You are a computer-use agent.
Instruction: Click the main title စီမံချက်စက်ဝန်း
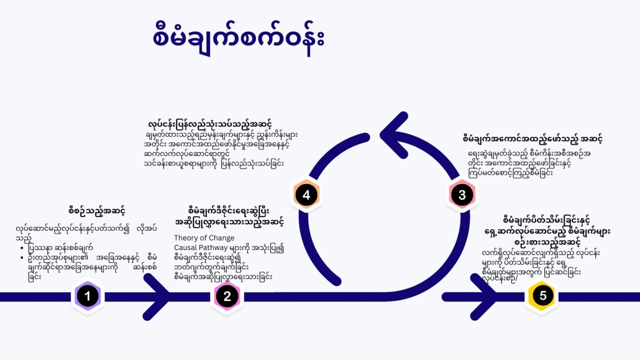coord(239,36)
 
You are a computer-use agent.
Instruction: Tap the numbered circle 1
coord(87,297)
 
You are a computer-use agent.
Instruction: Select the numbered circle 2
coord(227,297)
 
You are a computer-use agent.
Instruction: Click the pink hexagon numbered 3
coord(462,195)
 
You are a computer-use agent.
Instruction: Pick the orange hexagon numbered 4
coord(306,195)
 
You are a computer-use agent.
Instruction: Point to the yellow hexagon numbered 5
coord(543,297)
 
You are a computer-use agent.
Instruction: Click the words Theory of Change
coord(204,238)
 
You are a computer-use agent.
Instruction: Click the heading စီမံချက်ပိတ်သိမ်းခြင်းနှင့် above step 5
coord(546,219)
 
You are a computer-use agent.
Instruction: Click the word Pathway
coord(217,247)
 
